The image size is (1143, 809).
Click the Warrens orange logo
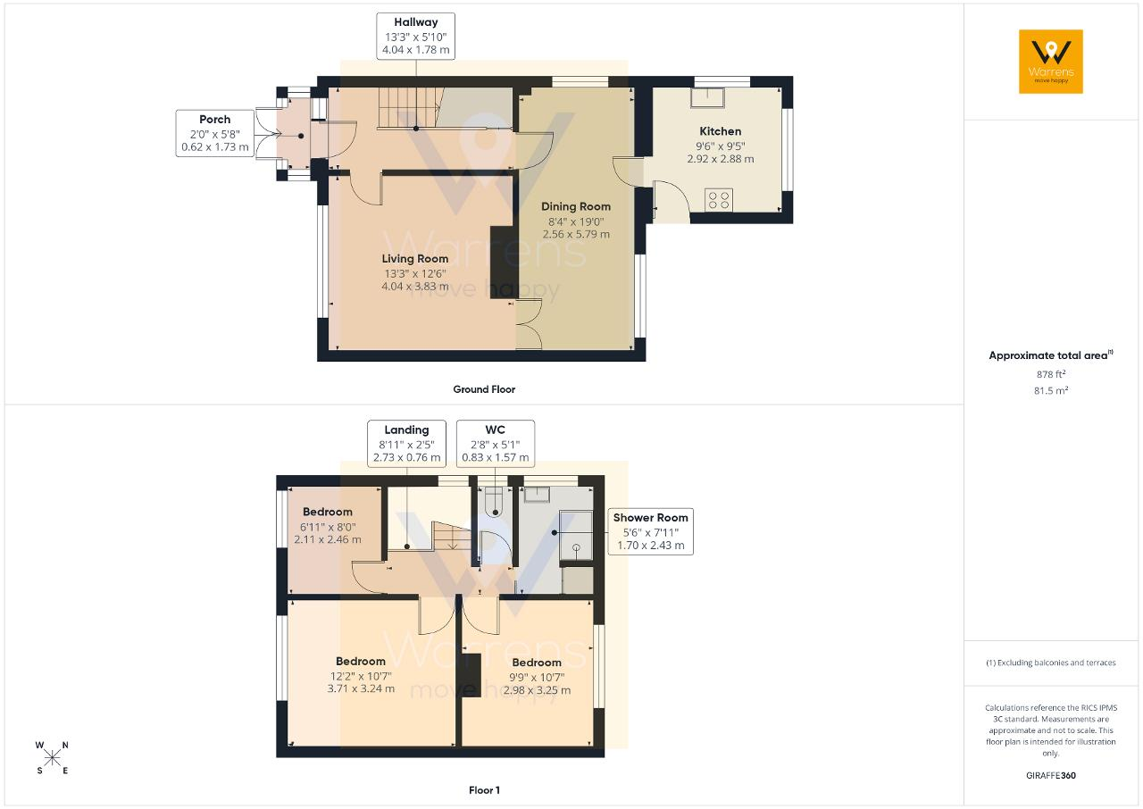tap(1051, 62)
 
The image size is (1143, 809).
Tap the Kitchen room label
tap(720, 131)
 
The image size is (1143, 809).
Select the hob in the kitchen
tap(719, 199)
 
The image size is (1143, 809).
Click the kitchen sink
tap(707, 97)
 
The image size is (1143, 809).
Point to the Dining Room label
tap(576, 206)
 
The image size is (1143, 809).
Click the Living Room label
tap(415, 259)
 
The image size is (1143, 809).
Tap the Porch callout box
tap(215, 133)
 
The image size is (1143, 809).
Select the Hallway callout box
tap(416, 37)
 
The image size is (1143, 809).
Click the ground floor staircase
tap(409, 108)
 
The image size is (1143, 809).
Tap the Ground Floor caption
tap(484, 389)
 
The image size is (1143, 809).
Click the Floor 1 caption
tap(484, 790)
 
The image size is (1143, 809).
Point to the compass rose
tap(52, 759)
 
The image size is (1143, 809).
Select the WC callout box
tap(496, 444)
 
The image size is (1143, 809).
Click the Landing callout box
tap(406, 444)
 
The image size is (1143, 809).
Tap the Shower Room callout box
tap(651, 531)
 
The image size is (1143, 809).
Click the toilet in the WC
tap(495, 502)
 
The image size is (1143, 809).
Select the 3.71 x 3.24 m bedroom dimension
tap(361, 688)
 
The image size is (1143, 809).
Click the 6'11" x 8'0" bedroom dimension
tap(328, 527)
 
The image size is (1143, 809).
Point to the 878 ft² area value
tap(1051, 374)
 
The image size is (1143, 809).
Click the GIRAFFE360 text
tap(1051, 775)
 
